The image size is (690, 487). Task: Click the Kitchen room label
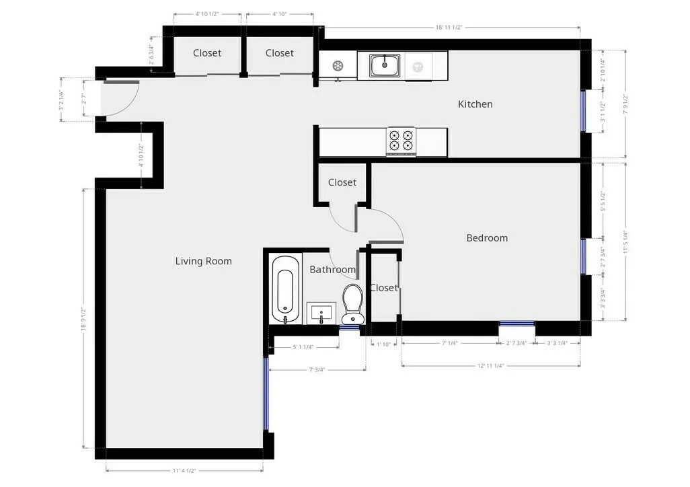[x=475, y=104]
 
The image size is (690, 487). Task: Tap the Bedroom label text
[x=487, y=238]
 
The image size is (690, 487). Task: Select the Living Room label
[x=203, y=261]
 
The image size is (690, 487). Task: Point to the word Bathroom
[x=332, y=270]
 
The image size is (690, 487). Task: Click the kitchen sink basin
[x=385, y=65]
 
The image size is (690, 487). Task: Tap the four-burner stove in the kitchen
[x=401, y=141]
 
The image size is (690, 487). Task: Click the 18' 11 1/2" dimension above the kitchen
[x=449, y=28]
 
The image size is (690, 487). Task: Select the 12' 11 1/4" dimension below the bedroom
[x=490, y=365]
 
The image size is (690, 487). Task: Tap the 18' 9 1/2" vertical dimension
[x=83, y=320]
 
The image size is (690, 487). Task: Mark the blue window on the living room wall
[x=266, y=394]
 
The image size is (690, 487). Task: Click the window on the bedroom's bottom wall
[x=516, y=324]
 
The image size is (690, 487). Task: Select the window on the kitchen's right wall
[x=583, y=111]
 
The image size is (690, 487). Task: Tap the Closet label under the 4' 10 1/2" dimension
[x=206, y=53]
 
